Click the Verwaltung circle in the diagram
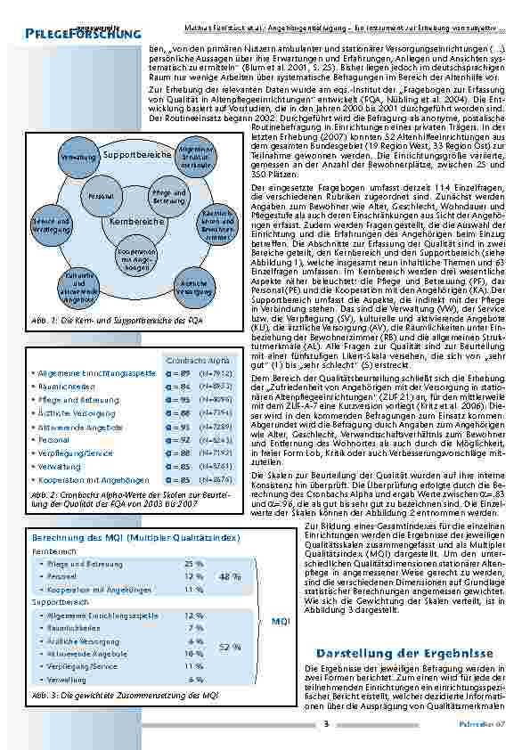tap(69, 156)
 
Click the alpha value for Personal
tap(177, 439)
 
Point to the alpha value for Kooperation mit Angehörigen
tap(177, 480)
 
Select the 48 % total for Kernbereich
tap(230, 576)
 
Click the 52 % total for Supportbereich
tap(230, 647)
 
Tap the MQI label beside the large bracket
tap(281, 620)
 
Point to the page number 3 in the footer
tap(327, 723)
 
